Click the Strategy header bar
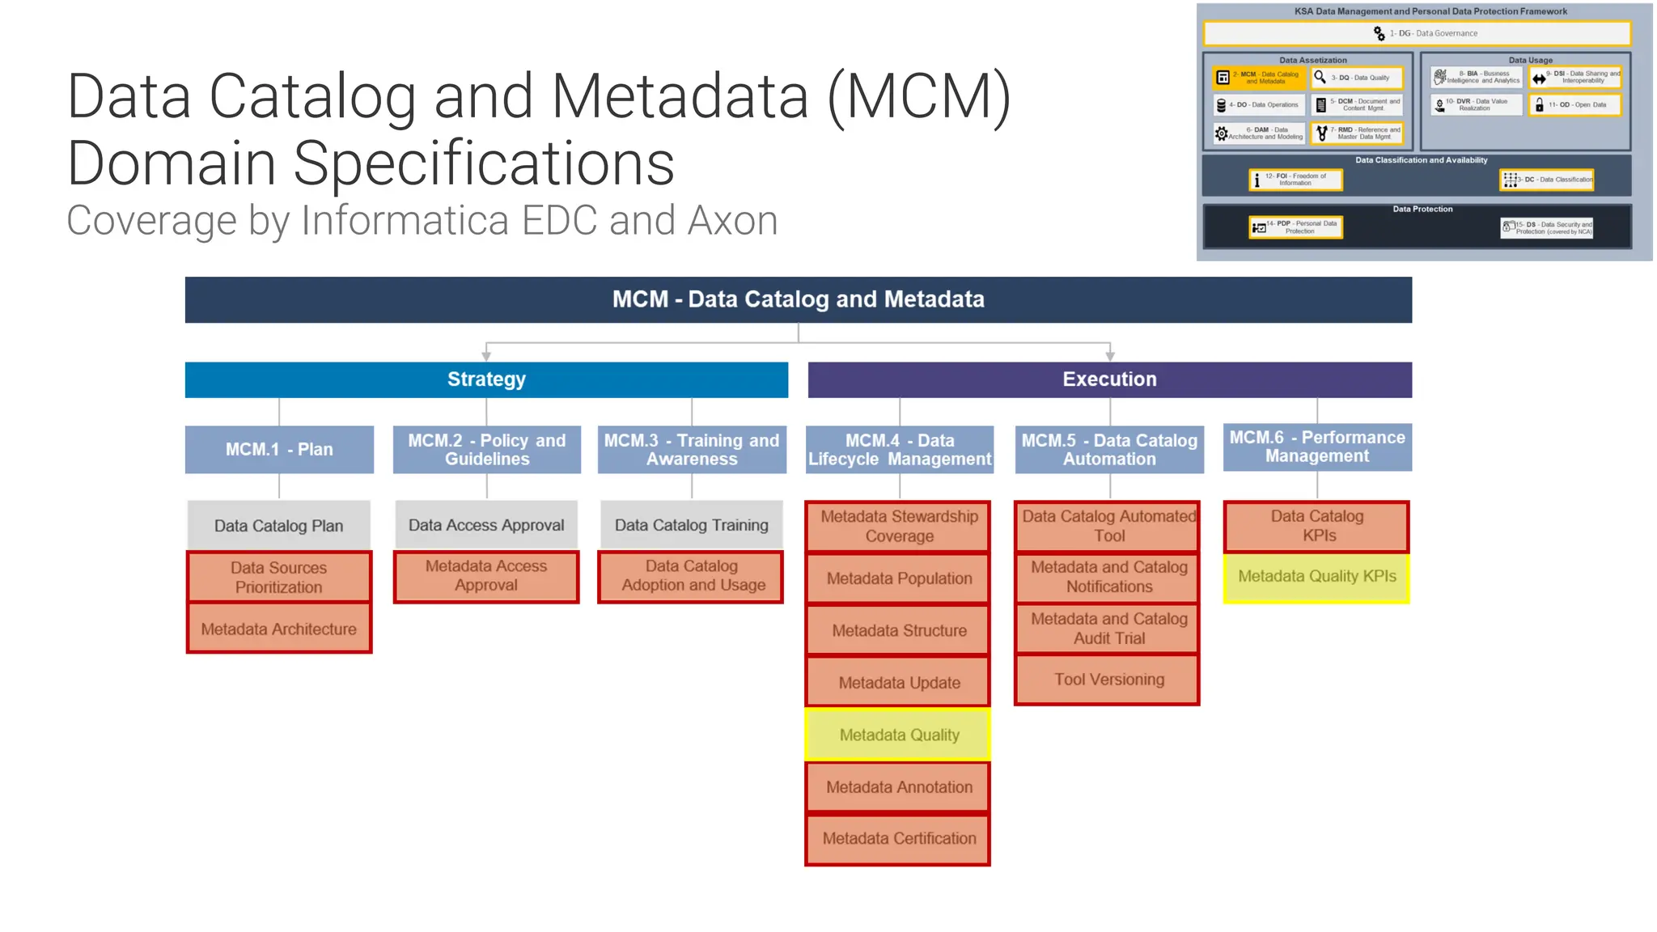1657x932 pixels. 486,379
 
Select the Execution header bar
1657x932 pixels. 1109,379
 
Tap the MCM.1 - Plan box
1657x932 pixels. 279,449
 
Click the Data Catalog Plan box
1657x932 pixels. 279,525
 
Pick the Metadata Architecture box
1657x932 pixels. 279,629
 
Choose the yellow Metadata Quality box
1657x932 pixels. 899,735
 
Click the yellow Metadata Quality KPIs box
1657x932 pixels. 1316,577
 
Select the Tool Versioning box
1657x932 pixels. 1108,680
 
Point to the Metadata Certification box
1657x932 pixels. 899,838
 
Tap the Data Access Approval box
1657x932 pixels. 486,525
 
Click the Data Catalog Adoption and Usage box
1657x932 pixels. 692,576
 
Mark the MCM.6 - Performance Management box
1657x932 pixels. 1317,447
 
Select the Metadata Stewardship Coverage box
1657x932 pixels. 899,526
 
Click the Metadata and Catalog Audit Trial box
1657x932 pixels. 1108,629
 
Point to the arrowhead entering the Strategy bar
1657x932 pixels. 486,356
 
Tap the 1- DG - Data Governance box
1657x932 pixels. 1417,33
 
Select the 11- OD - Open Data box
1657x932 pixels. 1574,105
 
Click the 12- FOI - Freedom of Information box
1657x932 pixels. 1295,180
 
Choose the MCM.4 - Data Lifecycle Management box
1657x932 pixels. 899,449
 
